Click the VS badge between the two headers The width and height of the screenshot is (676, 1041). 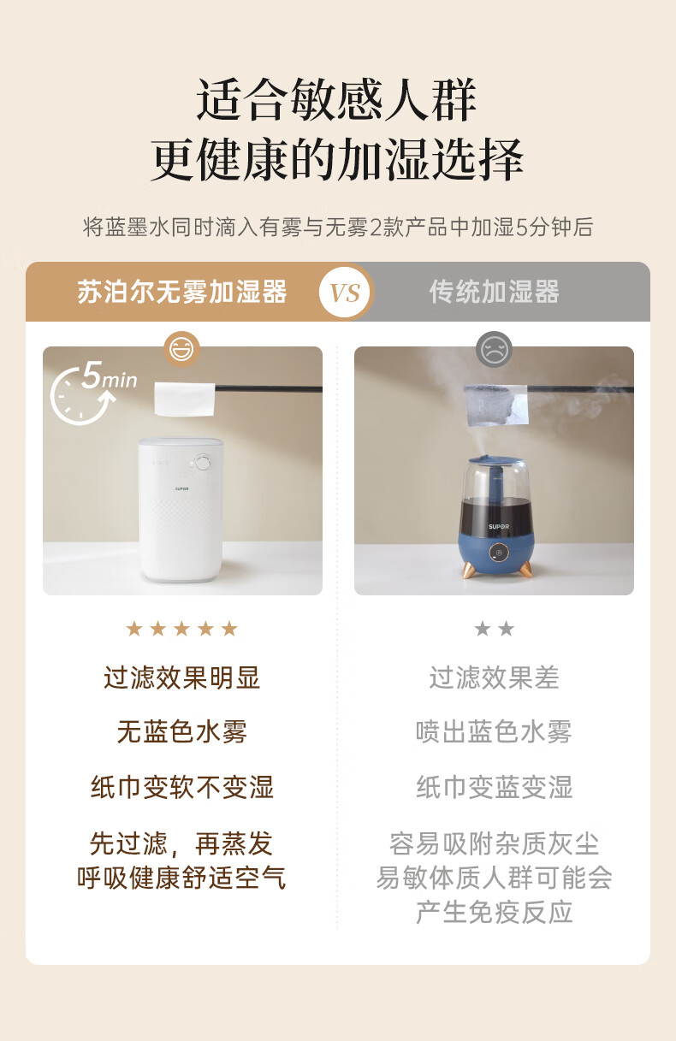pyautogui.click(x=345, y=292)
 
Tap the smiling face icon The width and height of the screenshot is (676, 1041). pyautogui.click(x=181, y=349)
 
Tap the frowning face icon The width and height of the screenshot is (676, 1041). pyautogui.click(x=494, y=349)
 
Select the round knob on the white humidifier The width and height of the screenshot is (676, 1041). pyautogui.click(x=203, y=463)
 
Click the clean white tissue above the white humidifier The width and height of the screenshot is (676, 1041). pyautogui.click(x=185, y=399)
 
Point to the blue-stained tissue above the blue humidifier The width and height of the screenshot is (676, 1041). pyautogui.click(x=496, y=405)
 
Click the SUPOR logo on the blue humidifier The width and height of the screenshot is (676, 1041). pyautogui.click(x=499, y=527)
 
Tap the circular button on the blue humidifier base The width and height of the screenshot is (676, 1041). pyautogui.click(x=498, y=553)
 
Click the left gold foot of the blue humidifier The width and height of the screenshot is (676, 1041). pyautogui.click(x=468, y=570)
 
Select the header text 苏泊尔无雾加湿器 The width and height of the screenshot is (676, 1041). pyautogui.click(x=181, y=292)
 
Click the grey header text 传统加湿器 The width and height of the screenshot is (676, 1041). pyautogui.click(x=495, y=292)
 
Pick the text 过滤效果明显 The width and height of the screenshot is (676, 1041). pyautogui.click(x=181, y=677)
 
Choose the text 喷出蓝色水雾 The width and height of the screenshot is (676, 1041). pyautogui.click(x=494, y=732)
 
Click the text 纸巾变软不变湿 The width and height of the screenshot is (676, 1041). pyautogui.click(x=181, y=787)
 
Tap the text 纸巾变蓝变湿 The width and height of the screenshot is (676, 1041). pyautogui.click(x=494, y=787)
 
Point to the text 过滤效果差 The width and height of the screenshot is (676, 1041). pyautogui.click(x=494, y=677)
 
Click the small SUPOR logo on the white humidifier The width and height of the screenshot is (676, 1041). pyautogui.click(x=181, y=489)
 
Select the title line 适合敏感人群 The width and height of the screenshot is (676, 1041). pyautogui.click(x=336, y=99)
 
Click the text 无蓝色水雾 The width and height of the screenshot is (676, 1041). pyautogui.click(x=181, y=732)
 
